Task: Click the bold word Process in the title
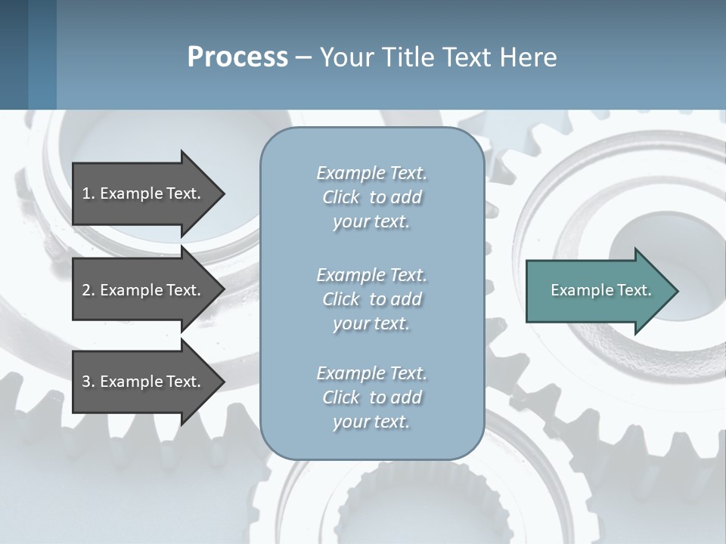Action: (237, 57)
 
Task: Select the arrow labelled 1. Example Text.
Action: (144, 193)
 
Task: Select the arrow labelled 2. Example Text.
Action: (144, 290)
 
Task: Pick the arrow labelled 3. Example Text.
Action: (144, 382)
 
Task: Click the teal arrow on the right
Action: (597, 290)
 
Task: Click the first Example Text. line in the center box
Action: (371, 173)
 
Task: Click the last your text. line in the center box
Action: (371, 422)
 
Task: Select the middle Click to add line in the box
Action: (371, 299)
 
